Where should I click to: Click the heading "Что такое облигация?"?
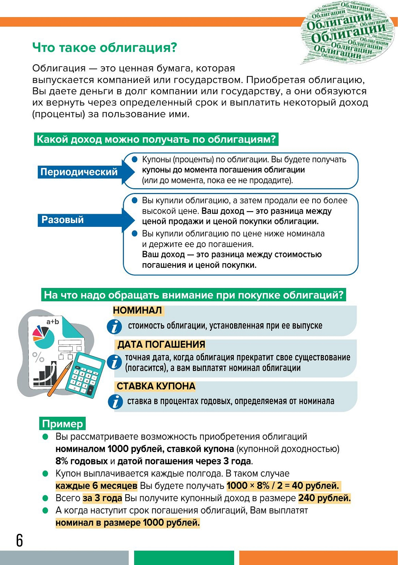coord(105,47)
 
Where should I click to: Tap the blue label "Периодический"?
coord(79,172)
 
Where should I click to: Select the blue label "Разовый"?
coord(63,220)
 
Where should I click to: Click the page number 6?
coord(20,540)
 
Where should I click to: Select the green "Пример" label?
coord(62,423)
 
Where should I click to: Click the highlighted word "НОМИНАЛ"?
coord(137,310)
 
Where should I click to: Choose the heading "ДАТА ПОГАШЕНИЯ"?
coord(161,344)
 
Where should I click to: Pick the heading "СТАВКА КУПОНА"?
coord(156,386)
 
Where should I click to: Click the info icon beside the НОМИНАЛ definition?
coord(114,327)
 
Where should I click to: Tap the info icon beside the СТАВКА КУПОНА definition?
coord(115,402)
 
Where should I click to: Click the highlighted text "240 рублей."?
coord(324,498)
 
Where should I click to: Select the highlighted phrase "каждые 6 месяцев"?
coord(96,486)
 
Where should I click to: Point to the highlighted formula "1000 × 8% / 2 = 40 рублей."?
coord(283,486)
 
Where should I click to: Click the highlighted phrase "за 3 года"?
coord(102,498)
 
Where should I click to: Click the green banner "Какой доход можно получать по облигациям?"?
coord(156,139)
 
